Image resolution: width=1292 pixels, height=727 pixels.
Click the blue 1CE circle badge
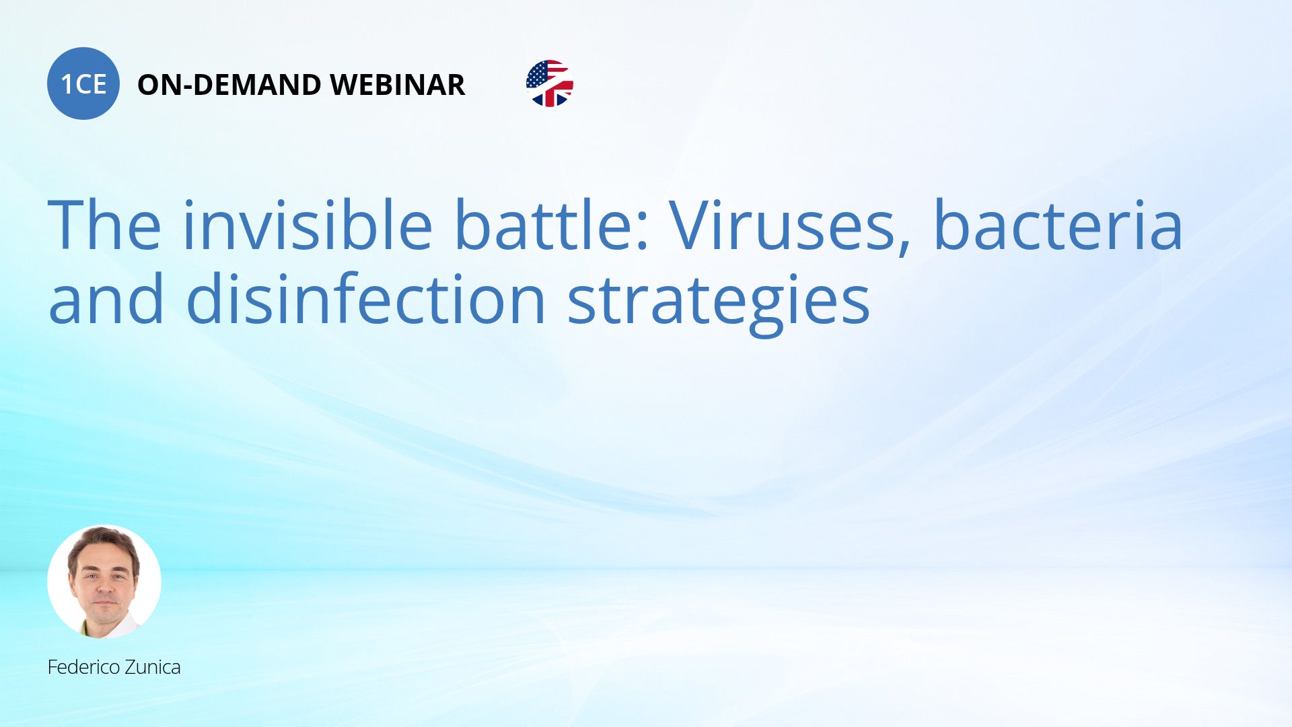83,83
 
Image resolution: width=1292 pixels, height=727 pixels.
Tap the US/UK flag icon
550,83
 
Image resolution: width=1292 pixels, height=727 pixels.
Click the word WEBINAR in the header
398,85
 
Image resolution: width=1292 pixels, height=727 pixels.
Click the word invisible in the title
308,225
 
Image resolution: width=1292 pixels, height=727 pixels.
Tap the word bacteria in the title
1058,225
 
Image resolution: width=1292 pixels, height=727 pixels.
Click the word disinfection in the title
365,298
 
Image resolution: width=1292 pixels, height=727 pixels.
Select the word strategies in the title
719,304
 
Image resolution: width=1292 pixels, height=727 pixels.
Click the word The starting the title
104,225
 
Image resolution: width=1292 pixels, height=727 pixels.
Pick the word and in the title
106,298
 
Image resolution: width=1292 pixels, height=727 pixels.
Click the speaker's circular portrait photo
104,582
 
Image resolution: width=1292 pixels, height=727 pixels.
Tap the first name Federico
84,667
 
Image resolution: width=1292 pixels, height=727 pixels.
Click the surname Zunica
153,667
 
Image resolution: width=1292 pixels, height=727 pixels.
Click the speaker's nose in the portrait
104,584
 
